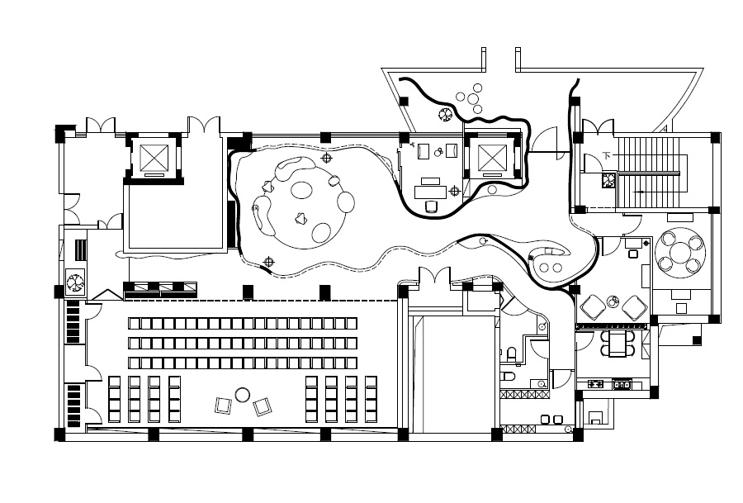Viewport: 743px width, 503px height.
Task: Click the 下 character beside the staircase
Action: click(x=607, y=155)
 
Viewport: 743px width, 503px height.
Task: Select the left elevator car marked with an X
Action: click(x=154, y=158)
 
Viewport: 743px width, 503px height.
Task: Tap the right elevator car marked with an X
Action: click(x=492, y=158)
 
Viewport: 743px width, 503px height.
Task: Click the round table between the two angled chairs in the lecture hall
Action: click(x=243, y=395)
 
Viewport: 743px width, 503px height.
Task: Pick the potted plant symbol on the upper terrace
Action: click(x=446, y=115)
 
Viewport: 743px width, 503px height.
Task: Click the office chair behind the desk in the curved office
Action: click(x=431, y=206)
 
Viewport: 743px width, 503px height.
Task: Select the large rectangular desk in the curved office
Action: click(x=430, y=192)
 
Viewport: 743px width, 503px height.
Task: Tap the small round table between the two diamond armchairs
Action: click(x=613, y=301)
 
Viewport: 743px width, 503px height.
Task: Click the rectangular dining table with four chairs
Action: click(x=618, y=344)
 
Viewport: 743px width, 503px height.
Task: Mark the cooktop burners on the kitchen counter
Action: click(x=595, y=384)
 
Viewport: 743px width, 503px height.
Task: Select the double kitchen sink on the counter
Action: click(x=622, y=384)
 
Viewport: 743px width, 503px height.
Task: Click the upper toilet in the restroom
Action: click(x=511, y=354)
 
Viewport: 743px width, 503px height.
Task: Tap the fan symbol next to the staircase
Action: click(x=609, y=180)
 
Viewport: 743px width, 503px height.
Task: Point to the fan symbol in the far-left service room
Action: click(x=75, y=282)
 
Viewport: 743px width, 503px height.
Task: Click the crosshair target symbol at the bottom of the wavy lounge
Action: click(x=268, y=262)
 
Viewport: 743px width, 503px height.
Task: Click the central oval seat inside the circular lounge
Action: click(x=301, y=191)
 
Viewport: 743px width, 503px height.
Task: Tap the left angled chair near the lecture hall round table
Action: click(x=223, y=406)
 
